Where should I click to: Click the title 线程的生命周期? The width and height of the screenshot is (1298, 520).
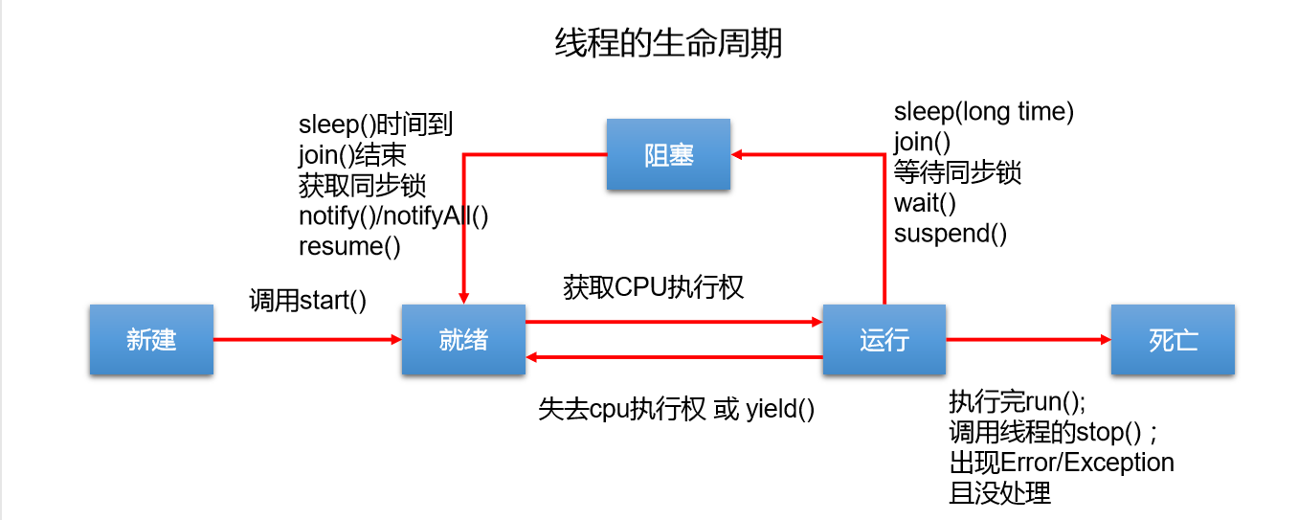click(668, 43)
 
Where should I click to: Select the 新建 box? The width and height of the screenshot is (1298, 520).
click(151, 340)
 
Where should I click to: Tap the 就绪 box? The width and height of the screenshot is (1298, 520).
click(463, 340)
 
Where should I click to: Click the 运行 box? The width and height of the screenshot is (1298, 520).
click(884, 340)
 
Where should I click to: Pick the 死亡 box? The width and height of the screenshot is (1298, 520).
click(1173, 340)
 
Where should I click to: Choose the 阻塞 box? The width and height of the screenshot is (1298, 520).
click(668, 155)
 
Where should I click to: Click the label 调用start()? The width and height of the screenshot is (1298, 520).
click(308, 300)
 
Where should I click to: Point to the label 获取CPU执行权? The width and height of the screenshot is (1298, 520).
click(654, 287)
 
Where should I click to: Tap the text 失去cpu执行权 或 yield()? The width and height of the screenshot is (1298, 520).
click(676, 409)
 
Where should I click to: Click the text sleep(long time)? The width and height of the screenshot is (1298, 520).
click(984, 112)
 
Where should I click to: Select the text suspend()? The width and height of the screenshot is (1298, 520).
click(951, 233)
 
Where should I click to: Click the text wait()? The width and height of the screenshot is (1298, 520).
click(925, 203)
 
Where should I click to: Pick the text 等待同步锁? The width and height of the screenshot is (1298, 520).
click(957, 172)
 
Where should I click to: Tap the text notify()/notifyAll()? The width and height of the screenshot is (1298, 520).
click(393, 215)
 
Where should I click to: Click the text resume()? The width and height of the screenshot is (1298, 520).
click(349, 246)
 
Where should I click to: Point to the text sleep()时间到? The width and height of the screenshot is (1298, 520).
click(375, 124)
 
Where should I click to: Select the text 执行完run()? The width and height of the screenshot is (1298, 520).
click(1018, 400)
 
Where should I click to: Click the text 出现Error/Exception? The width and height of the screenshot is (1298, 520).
click(1062, 463)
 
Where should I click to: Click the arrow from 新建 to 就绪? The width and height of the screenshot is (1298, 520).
click(306, 339)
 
